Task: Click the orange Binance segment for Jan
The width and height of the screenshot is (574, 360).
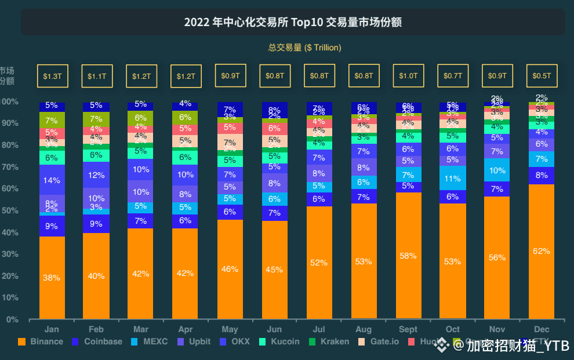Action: [x=52, y=277]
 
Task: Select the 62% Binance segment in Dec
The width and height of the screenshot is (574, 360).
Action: [x=542, y=251]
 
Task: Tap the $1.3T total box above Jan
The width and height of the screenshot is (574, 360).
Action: [x=53, y=76]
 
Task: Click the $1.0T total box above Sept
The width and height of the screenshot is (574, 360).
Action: [x=408, y=76]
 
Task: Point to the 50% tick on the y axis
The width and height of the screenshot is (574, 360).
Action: [x=10, y=210]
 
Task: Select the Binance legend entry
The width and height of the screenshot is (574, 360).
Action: [x=41, y=341]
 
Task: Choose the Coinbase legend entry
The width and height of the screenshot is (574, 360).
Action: [x=97, y=341]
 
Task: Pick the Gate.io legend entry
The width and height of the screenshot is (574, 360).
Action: [x=379, y=341]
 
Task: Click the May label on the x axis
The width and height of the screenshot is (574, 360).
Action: [x=230, y=329]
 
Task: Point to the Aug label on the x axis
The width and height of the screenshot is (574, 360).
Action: [x=364, y=329]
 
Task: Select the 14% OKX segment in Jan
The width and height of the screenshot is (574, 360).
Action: [x=52, y=180]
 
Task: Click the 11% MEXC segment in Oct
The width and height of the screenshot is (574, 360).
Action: [x=453, y=178]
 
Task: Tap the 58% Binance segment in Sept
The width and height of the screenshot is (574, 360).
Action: [x=408, y=256]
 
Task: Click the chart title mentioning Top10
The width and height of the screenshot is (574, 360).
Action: [x=293, y=23]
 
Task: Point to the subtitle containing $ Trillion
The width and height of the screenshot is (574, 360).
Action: [x=304, y=48]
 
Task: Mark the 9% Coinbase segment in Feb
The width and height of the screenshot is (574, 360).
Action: [x=96, y=224]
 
